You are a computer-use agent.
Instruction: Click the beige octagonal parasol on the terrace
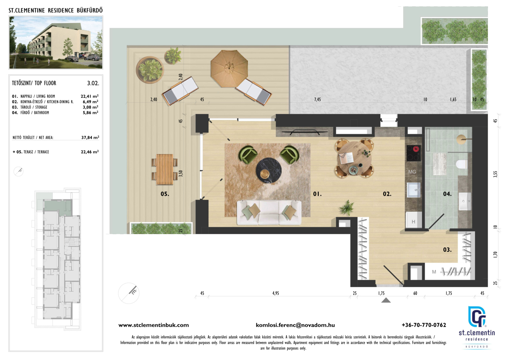pos(229,69)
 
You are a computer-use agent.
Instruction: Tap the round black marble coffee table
pos(269,170)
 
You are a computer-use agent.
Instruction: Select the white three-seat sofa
pos(269,213)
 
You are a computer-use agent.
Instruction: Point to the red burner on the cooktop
pos(416,149)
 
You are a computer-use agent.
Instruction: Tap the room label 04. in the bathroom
pos(447,194)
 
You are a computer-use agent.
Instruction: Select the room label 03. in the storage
pos(447,250)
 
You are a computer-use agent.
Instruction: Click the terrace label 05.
pos(165,194)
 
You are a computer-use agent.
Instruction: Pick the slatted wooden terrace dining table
pos(165,169)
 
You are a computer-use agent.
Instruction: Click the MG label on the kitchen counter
pos(412,172)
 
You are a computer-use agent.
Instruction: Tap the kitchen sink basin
pos(414,190)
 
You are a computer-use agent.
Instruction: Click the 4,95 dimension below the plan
pos(275,293)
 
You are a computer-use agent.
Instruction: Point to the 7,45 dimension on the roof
pos(317,99)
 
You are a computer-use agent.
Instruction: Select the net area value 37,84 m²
pos(90,138)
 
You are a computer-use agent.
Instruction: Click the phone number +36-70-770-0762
pos(424,325)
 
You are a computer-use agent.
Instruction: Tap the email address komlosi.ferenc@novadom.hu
pos(295,325)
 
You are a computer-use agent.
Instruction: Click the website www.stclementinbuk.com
pos(153,325)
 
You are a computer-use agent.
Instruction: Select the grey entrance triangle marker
pos(386,300)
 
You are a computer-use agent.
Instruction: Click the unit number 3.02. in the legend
pos(93,83)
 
